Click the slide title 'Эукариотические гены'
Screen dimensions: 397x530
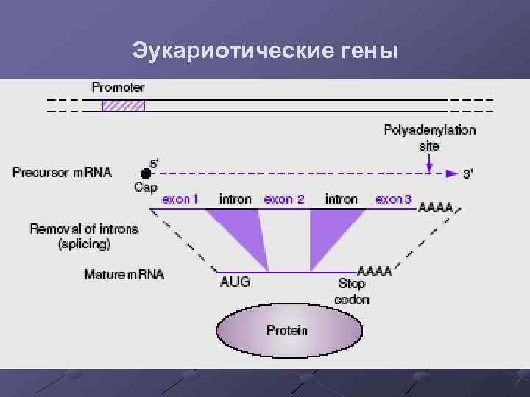(264, 51)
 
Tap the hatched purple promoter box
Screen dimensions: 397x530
(123, 105)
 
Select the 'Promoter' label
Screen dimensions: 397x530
(118, 87)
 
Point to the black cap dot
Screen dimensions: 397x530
(146, 174)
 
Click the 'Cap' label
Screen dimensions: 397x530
(146, 187)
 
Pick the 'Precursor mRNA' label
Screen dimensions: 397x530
(62, 173)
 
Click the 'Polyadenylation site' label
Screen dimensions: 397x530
(429, 137)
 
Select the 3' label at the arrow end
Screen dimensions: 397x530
(468, 175)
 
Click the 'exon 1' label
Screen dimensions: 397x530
(180, 199)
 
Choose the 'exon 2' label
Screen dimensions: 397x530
(284, 199)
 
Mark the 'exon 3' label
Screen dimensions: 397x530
(394, 199)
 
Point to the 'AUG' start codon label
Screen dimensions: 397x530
(235, 282)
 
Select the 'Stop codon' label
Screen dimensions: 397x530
(352, 291)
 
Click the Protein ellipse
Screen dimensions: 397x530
(289, 331)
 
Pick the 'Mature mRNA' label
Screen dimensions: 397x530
(124, 275)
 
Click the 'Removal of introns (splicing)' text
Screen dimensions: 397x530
(84, 236)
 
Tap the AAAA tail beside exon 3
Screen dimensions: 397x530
(436, 208)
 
